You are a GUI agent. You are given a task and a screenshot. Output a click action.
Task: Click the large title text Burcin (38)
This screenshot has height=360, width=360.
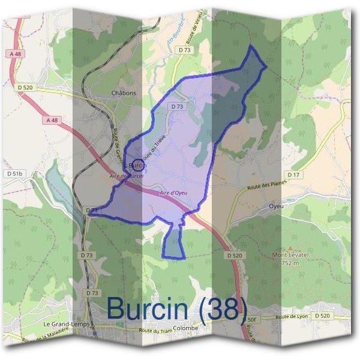(x=176, y=307)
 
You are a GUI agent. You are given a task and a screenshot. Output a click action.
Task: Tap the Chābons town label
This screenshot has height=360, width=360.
(x=124, y=93)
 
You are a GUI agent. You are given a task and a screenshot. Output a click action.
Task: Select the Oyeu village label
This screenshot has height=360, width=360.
(x=276, y=206)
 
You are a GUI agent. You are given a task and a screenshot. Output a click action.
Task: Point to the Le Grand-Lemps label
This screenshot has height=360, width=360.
(x=67, y=324)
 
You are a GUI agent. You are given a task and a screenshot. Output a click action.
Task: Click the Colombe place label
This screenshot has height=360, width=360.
(x=185, y=328)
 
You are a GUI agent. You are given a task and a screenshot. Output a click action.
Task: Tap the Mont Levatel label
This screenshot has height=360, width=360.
(x=290, y=255)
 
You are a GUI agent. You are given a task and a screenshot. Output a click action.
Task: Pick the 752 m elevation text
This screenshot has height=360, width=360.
(x=290, y=263)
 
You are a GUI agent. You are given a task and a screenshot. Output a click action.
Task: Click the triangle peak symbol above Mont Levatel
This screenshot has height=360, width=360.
(x=290, y=247)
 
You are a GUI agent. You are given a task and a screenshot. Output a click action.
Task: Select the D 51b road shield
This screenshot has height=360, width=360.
(x=16, y=174)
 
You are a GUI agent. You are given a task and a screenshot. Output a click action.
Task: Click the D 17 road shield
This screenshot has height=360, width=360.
(x=293, y=175)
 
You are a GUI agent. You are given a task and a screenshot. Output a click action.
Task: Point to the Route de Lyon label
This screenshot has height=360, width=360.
(x=291, y=316)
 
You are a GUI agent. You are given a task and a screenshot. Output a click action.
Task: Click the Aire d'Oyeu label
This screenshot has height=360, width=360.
(x=175, y=193)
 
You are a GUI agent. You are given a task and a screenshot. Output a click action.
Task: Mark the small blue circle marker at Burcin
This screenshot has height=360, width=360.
(x=137, y=165)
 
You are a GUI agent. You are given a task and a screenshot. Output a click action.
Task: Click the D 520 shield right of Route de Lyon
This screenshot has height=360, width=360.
(x=322, y=316)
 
